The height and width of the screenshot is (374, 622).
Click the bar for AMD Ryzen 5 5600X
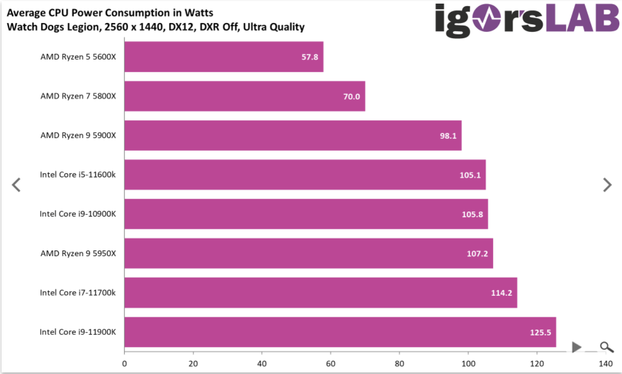223,57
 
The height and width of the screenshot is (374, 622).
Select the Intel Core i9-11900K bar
340,332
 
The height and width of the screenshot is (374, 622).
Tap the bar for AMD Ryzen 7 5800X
245,96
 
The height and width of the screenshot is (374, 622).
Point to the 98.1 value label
447,136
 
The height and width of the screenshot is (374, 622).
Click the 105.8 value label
472,214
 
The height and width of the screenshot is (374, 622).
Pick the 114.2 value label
502,293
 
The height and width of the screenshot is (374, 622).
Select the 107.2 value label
477,254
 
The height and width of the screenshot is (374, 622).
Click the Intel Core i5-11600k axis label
78,174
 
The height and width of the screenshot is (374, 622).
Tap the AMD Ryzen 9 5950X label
78,253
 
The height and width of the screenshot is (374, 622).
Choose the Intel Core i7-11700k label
78,293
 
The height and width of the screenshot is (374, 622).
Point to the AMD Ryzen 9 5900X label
78,135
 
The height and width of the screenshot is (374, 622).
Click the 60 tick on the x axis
331,363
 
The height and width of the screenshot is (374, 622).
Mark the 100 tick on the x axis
468,363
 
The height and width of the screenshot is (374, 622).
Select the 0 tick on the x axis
125,363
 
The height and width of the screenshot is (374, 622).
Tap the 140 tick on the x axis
606,363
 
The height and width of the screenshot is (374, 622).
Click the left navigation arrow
16,185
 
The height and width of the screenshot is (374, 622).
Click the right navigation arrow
607,185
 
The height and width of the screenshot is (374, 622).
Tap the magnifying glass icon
606,347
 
